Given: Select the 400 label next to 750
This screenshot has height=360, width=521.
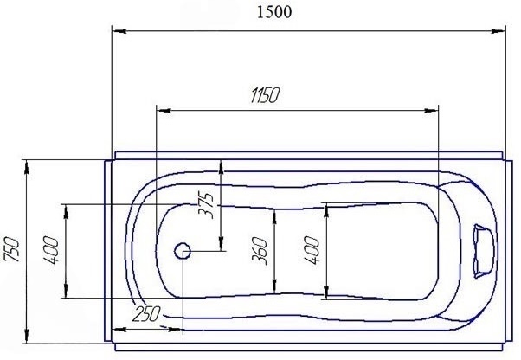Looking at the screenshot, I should point(51,249).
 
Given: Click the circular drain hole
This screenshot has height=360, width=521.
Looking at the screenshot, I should point(183,252).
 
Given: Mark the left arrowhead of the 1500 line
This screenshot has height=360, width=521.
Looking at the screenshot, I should point(116,29).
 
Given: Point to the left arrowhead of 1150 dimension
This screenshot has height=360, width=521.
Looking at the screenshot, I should point(160,111).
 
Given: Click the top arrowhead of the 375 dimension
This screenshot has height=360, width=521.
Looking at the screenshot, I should point(222,164).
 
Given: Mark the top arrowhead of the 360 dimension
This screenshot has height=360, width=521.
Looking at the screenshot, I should point(274,213).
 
